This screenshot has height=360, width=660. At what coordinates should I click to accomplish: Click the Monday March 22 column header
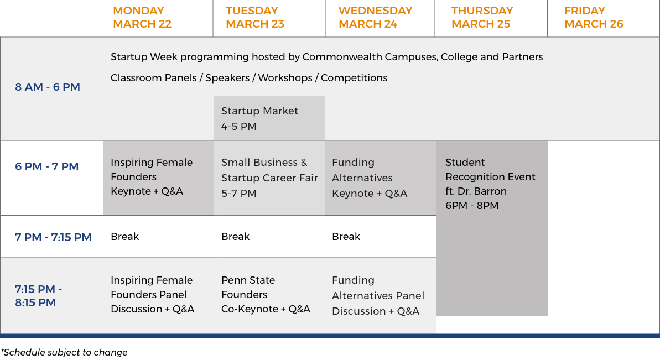coord(142,17)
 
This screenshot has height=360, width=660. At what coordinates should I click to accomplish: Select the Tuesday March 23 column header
coord(255,17)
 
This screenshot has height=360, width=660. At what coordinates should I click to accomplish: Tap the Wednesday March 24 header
coord(376,17)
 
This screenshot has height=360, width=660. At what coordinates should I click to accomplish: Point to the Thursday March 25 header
coord(482,17)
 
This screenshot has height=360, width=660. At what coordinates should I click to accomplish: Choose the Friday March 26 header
coord(594,17)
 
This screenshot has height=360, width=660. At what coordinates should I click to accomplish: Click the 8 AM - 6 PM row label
coord(48,87)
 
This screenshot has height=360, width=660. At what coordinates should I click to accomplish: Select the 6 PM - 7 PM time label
coord(46,166)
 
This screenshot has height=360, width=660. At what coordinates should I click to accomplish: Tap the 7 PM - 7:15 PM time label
coord(53,237)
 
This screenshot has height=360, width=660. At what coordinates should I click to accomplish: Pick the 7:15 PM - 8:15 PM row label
coord(38,296)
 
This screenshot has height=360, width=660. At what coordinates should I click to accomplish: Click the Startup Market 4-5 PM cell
coord(269,118)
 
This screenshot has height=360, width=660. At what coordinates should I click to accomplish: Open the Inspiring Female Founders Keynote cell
coord(158,178)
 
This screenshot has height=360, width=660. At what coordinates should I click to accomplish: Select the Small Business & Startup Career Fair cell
coord(269,178)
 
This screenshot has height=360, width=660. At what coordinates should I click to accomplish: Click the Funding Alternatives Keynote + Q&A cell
coord(381,178)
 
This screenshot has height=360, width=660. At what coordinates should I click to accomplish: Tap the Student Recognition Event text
coord(490,184)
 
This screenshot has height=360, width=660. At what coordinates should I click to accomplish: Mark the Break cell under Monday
coord(158,236)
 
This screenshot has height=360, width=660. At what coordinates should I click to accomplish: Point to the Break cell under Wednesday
coord(381,236)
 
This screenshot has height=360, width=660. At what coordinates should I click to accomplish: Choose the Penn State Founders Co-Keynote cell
coord(269,296)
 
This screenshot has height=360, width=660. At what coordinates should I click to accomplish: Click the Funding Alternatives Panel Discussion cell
coord(381,296)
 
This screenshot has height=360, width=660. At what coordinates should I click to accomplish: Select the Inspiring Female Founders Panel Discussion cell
coord(158,296)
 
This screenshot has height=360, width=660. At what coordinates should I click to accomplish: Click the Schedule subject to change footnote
coord(64,352)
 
